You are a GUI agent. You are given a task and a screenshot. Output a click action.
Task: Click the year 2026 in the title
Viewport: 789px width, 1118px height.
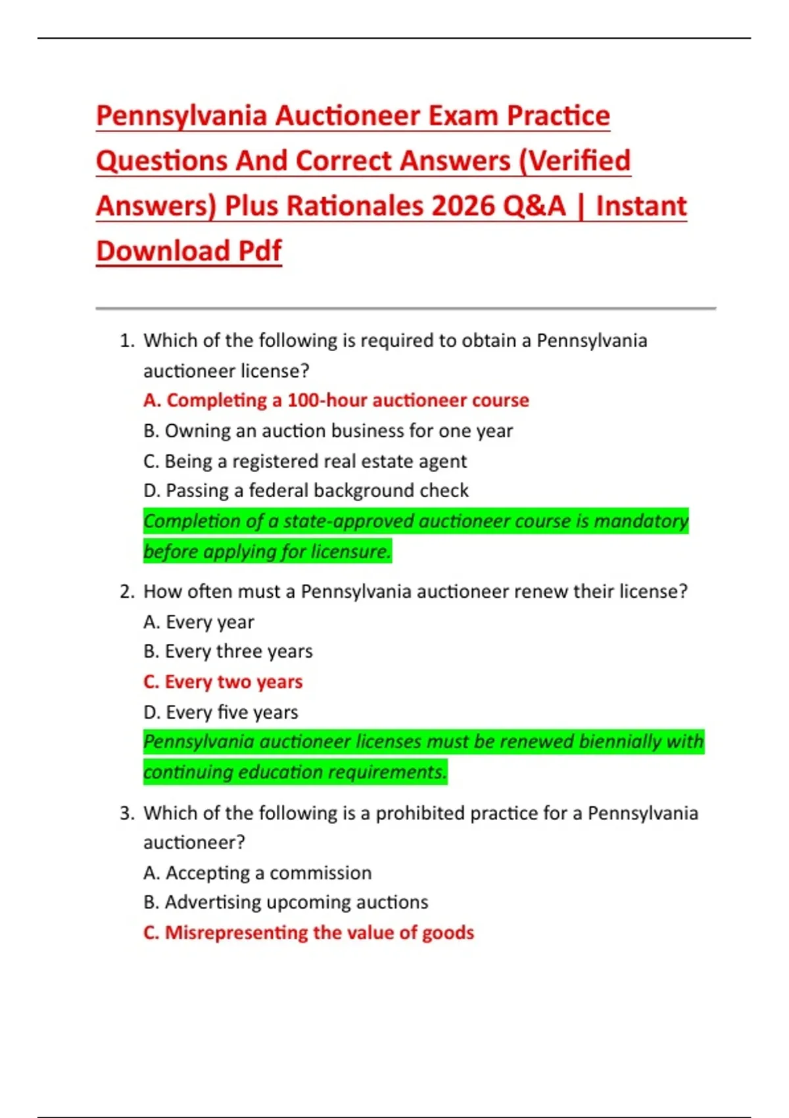click(x=464, y=207)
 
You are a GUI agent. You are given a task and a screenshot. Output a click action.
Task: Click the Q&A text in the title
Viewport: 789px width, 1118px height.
click(x=534, y=207)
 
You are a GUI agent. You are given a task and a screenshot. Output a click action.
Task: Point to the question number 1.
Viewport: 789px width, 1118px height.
click(x=126, y=341)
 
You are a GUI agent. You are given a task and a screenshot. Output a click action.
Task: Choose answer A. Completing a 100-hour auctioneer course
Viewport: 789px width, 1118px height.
click(x=336, y=401)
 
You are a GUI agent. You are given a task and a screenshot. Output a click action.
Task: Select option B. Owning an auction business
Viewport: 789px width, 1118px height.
click(x=328, y=431)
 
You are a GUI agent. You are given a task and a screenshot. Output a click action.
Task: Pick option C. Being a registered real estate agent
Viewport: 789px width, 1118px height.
click(x=305, y=461)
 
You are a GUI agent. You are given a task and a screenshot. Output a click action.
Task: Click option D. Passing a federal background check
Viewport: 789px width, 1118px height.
click(x=306, y=491)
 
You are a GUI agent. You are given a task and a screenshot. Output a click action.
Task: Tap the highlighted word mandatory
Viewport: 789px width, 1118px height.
click(x=641, y=521)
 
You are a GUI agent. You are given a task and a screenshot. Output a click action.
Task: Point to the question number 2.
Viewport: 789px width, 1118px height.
click(x=126, y=592)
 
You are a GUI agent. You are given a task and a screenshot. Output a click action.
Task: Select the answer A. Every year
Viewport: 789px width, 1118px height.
click(x=199, y=622)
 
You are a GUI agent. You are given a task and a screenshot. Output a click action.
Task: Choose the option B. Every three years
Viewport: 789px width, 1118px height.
click(x=228, y=652)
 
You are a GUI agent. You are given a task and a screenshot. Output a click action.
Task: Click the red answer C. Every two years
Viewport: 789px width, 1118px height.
click(x=223, y=682)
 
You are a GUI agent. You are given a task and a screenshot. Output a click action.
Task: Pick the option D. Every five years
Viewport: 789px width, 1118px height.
click(x=220, y=712)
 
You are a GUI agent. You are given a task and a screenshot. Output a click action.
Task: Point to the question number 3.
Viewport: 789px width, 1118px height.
click(x=126, y=814)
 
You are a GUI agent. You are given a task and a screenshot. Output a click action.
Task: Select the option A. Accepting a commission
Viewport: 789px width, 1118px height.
click(x=257, y=873)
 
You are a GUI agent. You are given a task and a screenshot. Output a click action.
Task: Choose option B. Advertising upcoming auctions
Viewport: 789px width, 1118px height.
click(x=285, y=902)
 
